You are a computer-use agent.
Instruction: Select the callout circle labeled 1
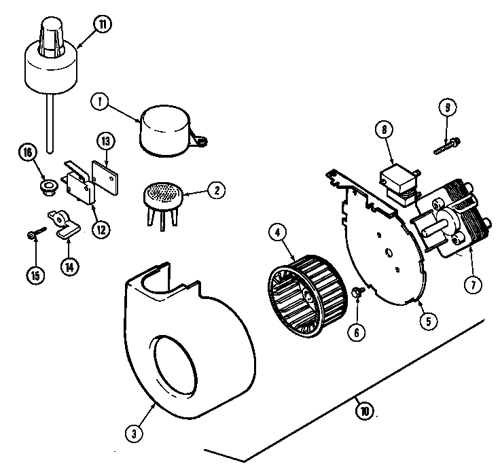[x=100, y=102]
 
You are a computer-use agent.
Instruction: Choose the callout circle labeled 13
[x=105, y=143]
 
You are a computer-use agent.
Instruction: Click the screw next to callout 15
[x=33, y=234]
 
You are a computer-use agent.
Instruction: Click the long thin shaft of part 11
[x=50, y=122]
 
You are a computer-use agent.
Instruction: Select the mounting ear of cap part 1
[x=200, y=140]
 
